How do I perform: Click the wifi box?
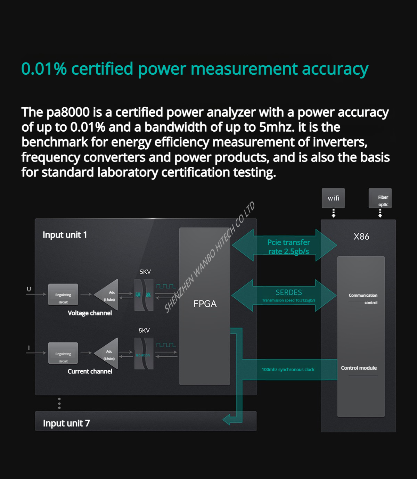333,198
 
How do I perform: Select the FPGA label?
205,304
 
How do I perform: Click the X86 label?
361,237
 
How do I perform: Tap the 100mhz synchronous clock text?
288,370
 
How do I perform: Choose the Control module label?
359,368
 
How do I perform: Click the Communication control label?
363,299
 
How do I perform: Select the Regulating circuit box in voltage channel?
63,295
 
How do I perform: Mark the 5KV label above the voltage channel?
145,272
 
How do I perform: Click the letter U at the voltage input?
29,289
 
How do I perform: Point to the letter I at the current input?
29,348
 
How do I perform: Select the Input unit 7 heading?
66,423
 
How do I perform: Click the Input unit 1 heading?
65,235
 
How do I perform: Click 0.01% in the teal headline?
44,69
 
